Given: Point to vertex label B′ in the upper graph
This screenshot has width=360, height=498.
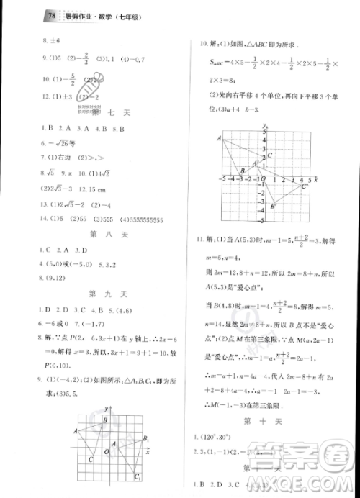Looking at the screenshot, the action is pyautogui.click(x=274, y=207).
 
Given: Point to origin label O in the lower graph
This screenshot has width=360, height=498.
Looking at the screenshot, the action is pyautogui.click(x=106, y=451).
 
